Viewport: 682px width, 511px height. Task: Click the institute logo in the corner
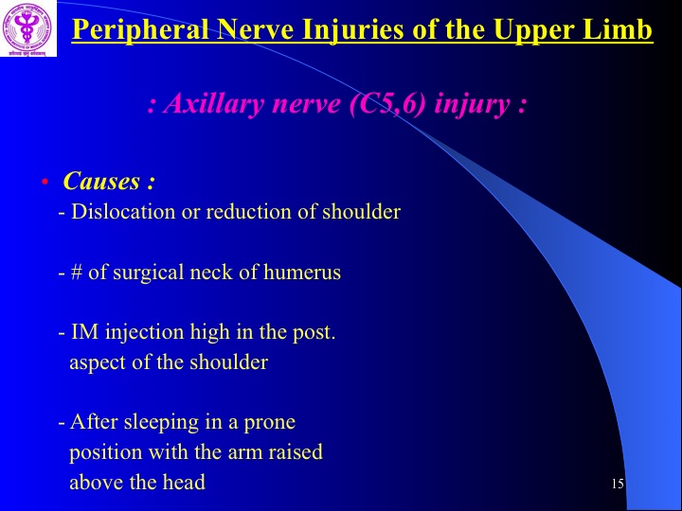pos(27,28)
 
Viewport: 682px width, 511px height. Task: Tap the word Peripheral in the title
pos(140,30)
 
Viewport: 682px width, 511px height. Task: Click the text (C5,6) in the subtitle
pos(387,105)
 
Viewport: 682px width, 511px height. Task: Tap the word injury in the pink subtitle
pos(473,106)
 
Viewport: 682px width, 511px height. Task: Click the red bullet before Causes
pos(45,181)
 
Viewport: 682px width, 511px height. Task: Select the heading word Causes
pos(101,181)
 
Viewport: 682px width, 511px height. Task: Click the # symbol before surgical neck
pos(76,273)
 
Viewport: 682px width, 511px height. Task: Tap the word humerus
pos(302,273)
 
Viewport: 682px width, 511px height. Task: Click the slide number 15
pos(618,484)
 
